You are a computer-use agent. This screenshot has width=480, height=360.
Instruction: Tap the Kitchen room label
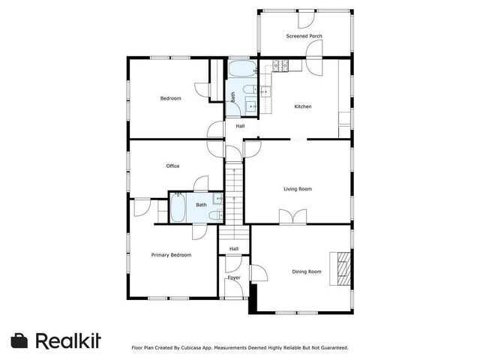pyautogui.click(x=302, y=106)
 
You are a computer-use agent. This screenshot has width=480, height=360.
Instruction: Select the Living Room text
pyautogui.click(x=297, y=189)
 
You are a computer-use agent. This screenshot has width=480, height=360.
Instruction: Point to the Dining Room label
pyautogui.click(x=306, y=271)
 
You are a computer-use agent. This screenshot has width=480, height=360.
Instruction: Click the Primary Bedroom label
pyautogui.click(x=171, y=255)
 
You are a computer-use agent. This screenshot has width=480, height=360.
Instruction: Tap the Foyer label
pyautogui.click(x=234, y=277)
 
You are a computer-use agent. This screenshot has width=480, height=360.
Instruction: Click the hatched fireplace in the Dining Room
pyautogui.click(x=343, y=268)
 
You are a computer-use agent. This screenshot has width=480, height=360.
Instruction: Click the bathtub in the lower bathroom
pyautogui.click(x=178, y=208)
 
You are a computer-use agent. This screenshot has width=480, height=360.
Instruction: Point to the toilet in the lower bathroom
pyautogui.click(x=215, y=215)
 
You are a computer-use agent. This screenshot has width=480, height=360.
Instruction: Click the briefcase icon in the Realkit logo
pyautogui.click(x=20, y=340)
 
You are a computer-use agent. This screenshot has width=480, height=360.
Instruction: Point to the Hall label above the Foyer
pyautogui.click(x=234, y=249)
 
